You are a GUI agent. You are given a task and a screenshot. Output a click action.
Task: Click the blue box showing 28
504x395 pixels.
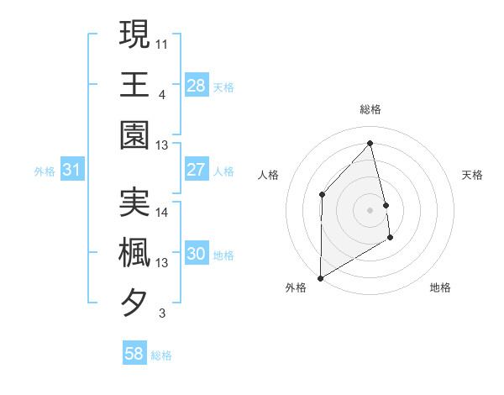tap(196, 85)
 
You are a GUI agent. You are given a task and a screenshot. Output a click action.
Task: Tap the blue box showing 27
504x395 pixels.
tap(196, 170)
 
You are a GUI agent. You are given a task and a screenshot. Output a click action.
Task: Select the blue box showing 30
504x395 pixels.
tap(196, 254)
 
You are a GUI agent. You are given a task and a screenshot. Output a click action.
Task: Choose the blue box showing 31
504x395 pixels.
tap(71, 170)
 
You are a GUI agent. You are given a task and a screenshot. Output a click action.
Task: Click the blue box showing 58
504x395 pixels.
tap(134, 354)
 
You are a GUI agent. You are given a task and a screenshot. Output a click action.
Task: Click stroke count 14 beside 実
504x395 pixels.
tap(162, 212)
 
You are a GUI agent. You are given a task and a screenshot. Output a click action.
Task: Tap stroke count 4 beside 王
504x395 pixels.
tap(161, 93)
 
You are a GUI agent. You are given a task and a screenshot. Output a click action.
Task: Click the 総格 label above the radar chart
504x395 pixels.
tap(370, 109)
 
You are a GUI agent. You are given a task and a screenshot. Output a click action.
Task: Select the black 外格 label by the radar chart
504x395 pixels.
tap(296, 288)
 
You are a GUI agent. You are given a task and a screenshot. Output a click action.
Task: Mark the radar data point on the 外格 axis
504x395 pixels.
tap(320, 277)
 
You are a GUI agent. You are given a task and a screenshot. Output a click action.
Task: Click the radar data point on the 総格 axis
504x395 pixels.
tap(370, 143)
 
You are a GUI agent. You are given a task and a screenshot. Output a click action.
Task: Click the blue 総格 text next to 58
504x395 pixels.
tap(161, 355)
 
